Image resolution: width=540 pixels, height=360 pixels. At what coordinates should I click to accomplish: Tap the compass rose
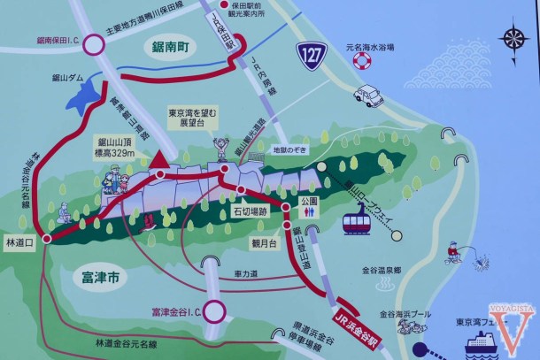coord(514,38)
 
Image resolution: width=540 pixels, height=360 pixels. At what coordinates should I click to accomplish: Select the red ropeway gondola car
coord(355,218)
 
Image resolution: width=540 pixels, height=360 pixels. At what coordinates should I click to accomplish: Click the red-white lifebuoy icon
coord(361,61)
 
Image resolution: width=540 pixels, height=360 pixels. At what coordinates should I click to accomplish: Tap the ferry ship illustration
coord(484,342)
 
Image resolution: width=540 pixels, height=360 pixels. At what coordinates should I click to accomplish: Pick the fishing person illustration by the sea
coord(456,252)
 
